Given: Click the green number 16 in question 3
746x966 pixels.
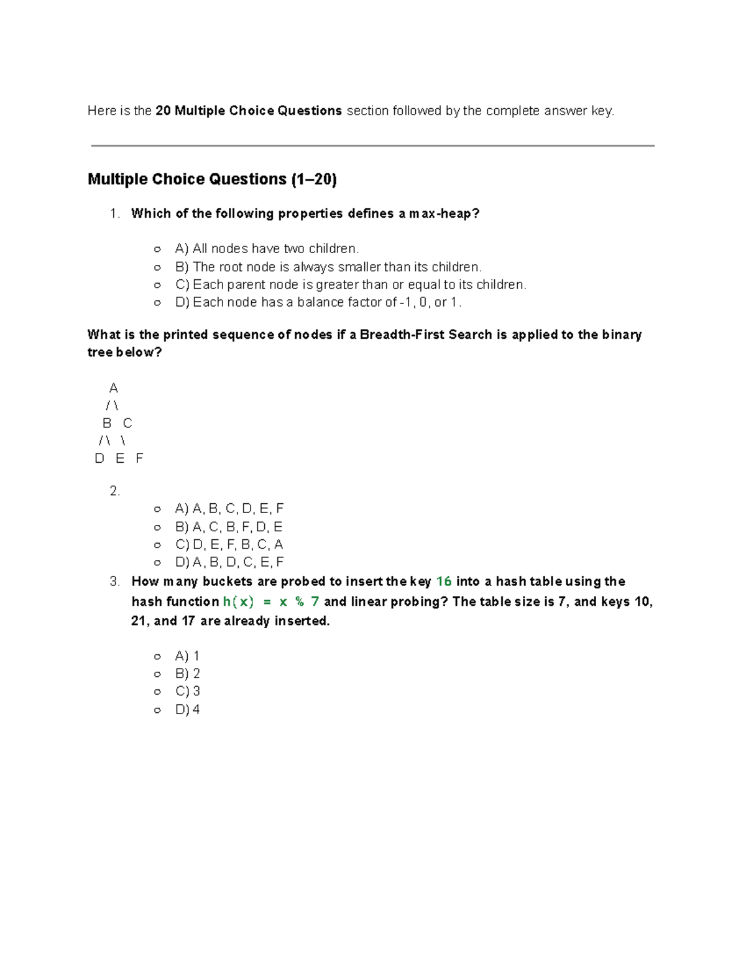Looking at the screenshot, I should (x=444, y=582).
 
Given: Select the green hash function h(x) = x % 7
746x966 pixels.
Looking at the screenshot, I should (x=271, y=601).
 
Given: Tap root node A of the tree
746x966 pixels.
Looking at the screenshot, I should (x=113, y=388).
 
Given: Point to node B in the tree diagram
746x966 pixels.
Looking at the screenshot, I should (x=107, y=423).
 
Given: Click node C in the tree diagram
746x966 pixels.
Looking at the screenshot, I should (x=127, y=423).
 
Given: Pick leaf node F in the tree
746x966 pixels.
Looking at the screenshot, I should (x=139, y=458).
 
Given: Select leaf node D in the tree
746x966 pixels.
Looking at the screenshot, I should (x=99, y=458).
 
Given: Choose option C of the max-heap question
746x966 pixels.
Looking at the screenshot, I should (x=351, y=285).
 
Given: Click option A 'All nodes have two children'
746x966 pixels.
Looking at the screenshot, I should (x=267, y=249).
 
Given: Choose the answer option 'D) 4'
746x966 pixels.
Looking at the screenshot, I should (x=187, y=709).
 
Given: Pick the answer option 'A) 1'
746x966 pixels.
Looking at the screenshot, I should (x=187, y=656).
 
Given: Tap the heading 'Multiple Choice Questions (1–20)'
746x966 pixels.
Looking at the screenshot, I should (x=212, y=179).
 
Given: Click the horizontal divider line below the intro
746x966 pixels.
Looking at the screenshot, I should (x=373, y=146).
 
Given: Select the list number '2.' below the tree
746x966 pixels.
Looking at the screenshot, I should (x=114, y=491).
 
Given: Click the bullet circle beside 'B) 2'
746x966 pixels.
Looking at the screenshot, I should (x=157, y=674).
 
